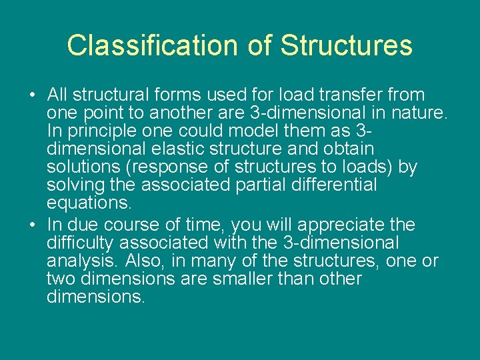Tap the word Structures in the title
(x=346, y=45)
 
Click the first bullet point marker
(x=33, y=95)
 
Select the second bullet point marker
(x=33, y=225)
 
